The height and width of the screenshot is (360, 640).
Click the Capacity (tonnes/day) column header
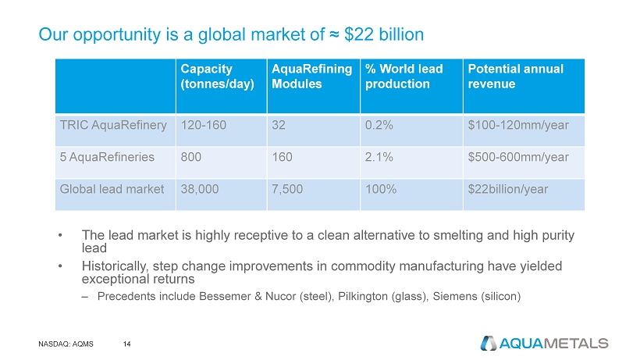point(206,77)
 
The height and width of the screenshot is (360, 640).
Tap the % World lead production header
point(404,77)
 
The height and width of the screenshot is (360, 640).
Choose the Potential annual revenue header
point(515,77)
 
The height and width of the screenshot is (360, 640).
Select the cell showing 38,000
point(197,188)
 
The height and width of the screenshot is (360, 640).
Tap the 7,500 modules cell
point(287,188)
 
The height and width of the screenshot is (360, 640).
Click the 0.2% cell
point(378,124)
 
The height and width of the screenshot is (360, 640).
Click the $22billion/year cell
point(507,188)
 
